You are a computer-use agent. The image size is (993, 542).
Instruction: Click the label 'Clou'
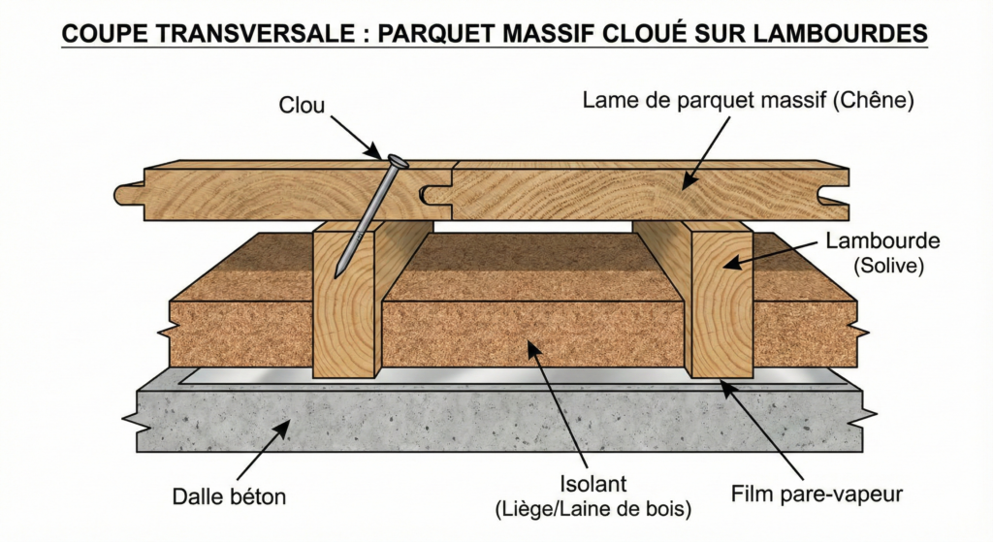(303, 105)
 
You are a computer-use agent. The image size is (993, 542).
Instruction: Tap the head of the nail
(396, 161)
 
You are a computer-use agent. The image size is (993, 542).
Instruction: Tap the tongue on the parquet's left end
(129, 194)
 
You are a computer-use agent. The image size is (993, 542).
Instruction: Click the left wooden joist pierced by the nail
(344, 320)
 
